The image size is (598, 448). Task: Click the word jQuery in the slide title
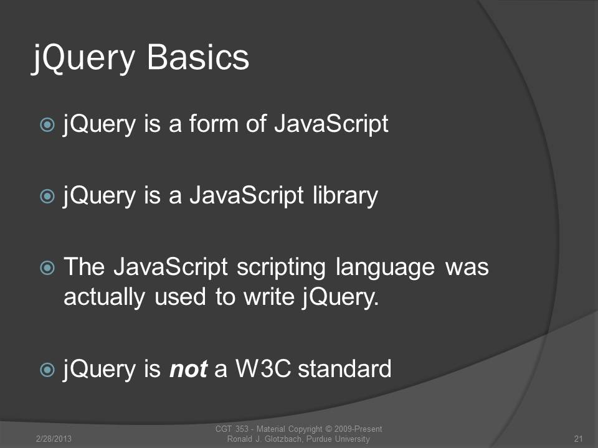[x=83, y=58]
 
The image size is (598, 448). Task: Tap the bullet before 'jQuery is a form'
[x=47, y=124]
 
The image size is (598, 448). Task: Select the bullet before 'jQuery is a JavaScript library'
[x=47, y=196]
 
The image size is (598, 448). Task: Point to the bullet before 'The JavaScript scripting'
[x=47, y=268]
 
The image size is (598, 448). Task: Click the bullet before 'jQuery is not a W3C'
[x=47, y=370]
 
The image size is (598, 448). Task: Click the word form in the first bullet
[x=214, y=123]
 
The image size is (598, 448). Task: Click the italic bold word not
[x=188, y=369]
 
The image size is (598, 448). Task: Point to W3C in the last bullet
[x=263, y=369]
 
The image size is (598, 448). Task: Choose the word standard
[x=344, y=369]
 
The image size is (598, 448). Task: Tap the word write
[x=269, y=297]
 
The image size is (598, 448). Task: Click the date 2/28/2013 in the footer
[x=54, y=439]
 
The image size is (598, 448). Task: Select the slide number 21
[x=578, y=439]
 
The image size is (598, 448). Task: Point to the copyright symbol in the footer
[x=328, y=429]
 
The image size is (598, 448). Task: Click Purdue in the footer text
[x=319, y=439]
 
